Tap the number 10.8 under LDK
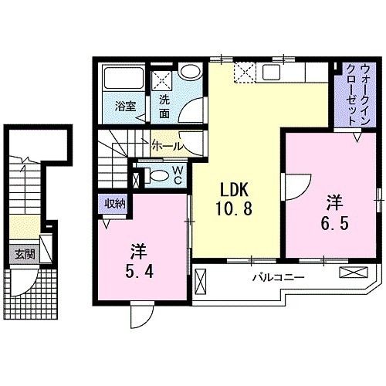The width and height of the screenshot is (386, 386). (234, 208)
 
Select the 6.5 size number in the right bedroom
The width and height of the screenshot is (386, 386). (334, 221)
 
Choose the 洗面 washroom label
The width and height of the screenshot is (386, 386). (165, 107)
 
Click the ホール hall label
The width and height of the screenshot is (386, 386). (168, 145)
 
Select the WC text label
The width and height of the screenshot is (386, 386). (177, 174)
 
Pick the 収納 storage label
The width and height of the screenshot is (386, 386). (117, 204)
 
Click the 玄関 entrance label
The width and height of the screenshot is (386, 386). (22, 252)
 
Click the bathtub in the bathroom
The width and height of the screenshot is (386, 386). (124, 80)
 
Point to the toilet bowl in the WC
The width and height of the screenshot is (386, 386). (157, 175)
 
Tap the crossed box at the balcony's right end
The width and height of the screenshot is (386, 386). (357, 273)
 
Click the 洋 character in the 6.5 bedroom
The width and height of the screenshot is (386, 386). (334, 202)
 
